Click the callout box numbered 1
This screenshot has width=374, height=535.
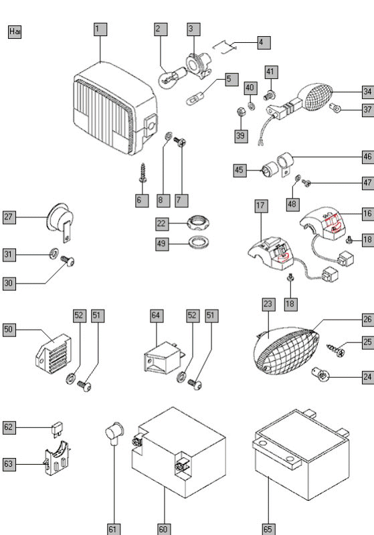point(100,29)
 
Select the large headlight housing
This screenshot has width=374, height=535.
point(115,108)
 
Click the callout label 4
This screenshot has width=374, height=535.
point(264,43)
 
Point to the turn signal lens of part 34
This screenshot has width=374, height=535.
point(318,96)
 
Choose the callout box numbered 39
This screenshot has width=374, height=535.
point(241,136)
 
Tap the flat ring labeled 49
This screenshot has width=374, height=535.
point(198,243)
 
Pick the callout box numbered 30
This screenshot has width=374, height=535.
point(9,283)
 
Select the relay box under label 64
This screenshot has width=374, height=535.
point(164,357)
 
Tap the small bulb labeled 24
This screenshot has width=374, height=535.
point(320,374)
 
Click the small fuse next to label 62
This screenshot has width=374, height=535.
point(57,429)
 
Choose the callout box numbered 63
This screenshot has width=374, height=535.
point(9,464)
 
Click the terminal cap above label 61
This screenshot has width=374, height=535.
point(114,433)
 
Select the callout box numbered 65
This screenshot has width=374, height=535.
point(268,529)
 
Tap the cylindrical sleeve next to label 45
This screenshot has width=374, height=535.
point(269,170)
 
